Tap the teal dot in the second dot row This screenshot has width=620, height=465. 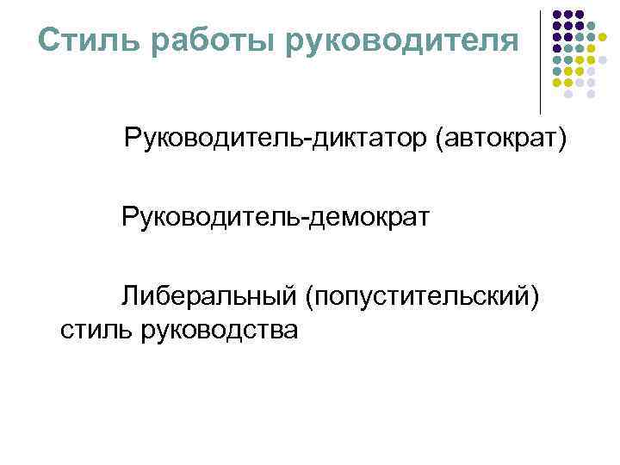[591, 26]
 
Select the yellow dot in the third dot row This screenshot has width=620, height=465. [603, 37]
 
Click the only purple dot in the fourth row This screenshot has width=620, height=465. [557, 48]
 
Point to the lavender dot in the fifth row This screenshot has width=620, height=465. [603, 59]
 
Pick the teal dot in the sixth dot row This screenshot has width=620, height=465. [557, 71]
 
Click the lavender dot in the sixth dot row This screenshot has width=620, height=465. [591, 71]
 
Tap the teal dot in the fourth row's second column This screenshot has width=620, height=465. [568, 48]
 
